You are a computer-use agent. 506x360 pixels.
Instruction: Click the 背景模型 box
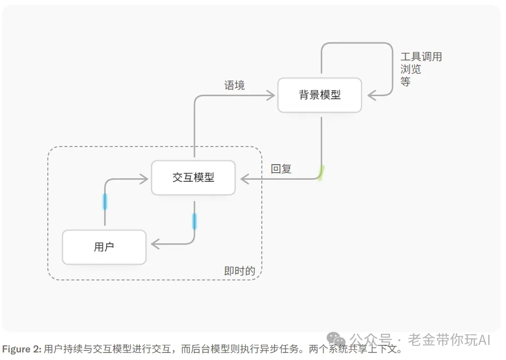tap(320, 95)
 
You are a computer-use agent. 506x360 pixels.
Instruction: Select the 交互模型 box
tap(193, 177)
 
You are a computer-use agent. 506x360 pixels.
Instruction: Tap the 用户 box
tap(104, 247)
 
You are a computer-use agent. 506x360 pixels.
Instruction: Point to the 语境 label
tap(234, 86)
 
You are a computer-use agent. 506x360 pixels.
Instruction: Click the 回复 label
tap(281, 169)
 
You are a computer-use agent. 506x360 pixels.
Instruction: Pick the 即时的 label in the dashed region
tap(240, 271)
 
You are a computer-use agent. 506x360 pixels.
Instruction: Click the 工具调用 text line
tap(421, 57)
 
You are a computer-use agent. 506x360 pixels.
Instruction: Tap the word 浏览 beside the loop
tap(410, 69)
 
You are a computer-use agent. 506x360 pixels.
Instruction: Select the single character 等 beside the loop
tap(405, 81)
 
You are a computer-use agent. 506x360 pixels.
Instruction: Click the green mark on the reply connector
tap(321, 173)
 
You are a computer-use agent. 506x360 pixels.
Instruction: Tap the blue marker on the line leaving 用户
tap(105, 201)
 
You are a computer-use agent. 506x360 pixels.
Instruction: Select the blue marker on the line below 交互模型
tap(194, 222)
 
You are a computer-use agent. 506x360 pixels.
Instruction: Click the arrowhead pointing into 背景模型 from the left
tap(271, 95)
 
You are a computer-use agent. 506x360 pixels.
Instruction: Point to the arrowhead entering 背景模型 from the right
tap(372, 95)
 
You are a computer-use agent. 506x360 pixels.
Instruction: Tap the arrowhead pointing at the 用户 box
tap(156, 244)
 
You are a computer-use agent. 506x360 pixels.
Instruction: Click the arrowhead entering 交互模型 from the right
tap(245, 179)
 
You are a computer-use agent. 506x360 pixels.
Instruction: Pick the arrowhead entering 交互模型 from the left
tap(144, 179)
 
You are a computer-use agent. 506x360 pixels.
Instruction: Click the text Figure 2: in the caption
tap(22, 349)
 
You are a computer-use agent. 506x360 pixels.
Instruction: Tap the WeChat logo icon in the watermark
tap(336, 340)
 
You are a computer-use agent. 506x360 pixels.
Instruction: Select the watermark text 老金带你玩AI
tap(449, 340)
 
